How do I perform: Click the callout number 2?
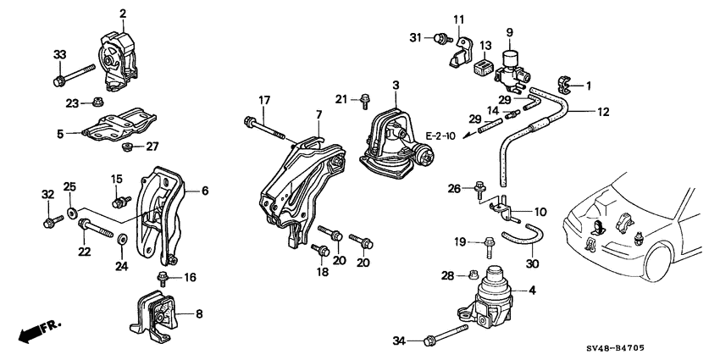coord(123,14)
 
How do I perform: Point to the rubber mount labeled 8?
coord(156,317)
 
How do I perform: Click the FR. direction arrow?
coord(33,330)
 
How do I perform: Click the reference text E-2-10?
coord(440,136)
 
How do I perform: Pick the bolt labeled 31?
coord(440,38)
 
